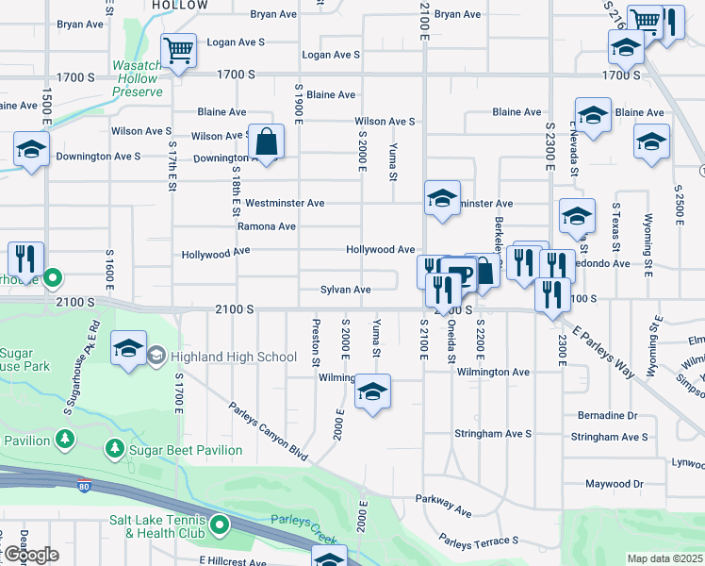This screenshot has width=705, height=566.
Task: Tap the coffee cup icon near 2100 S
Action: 461,275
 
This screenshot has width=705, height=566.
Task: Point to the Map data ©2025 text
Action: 664,558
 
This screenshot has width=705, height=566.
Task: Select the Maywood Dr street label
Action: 614,484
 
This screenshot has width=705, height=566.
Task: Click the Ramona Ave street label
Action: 267,226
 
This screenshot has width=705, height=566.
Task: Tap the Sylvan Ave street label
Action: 345,290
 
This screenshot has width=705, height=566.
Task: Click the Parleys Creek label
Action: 298,520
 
